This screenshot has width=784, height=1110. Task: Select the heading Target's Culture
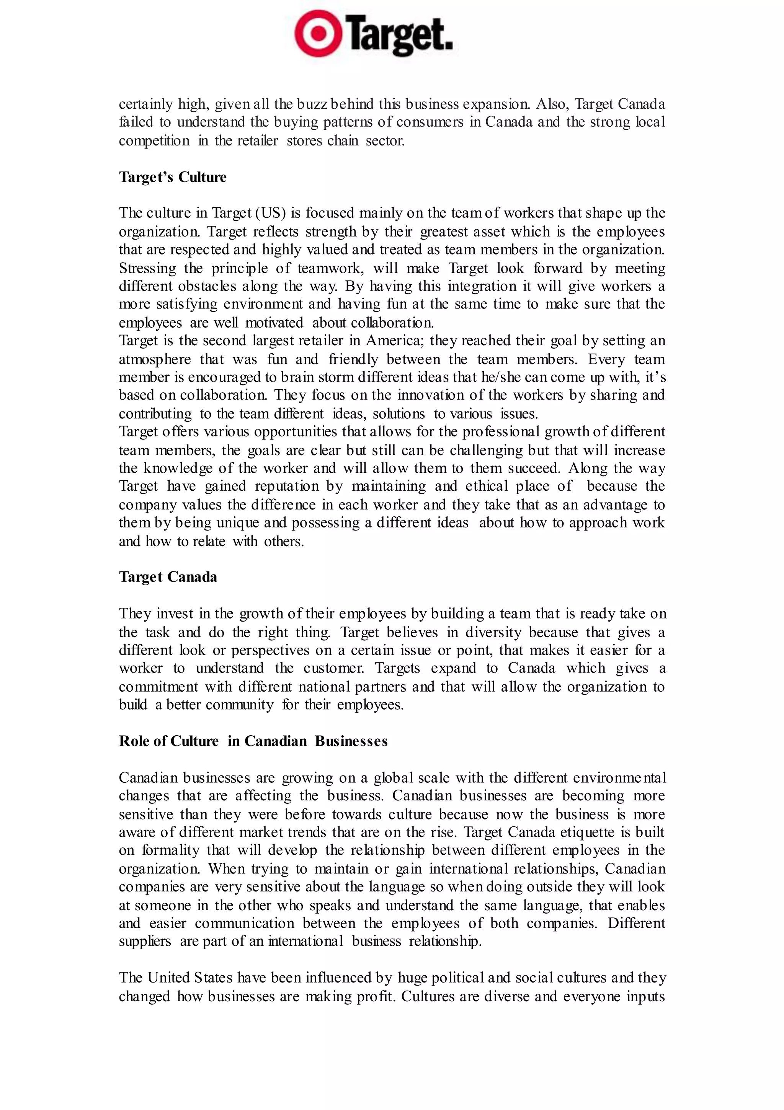(173, 178)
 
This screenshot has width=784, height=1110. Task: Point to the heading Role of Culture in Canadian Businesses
(253, 741)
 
